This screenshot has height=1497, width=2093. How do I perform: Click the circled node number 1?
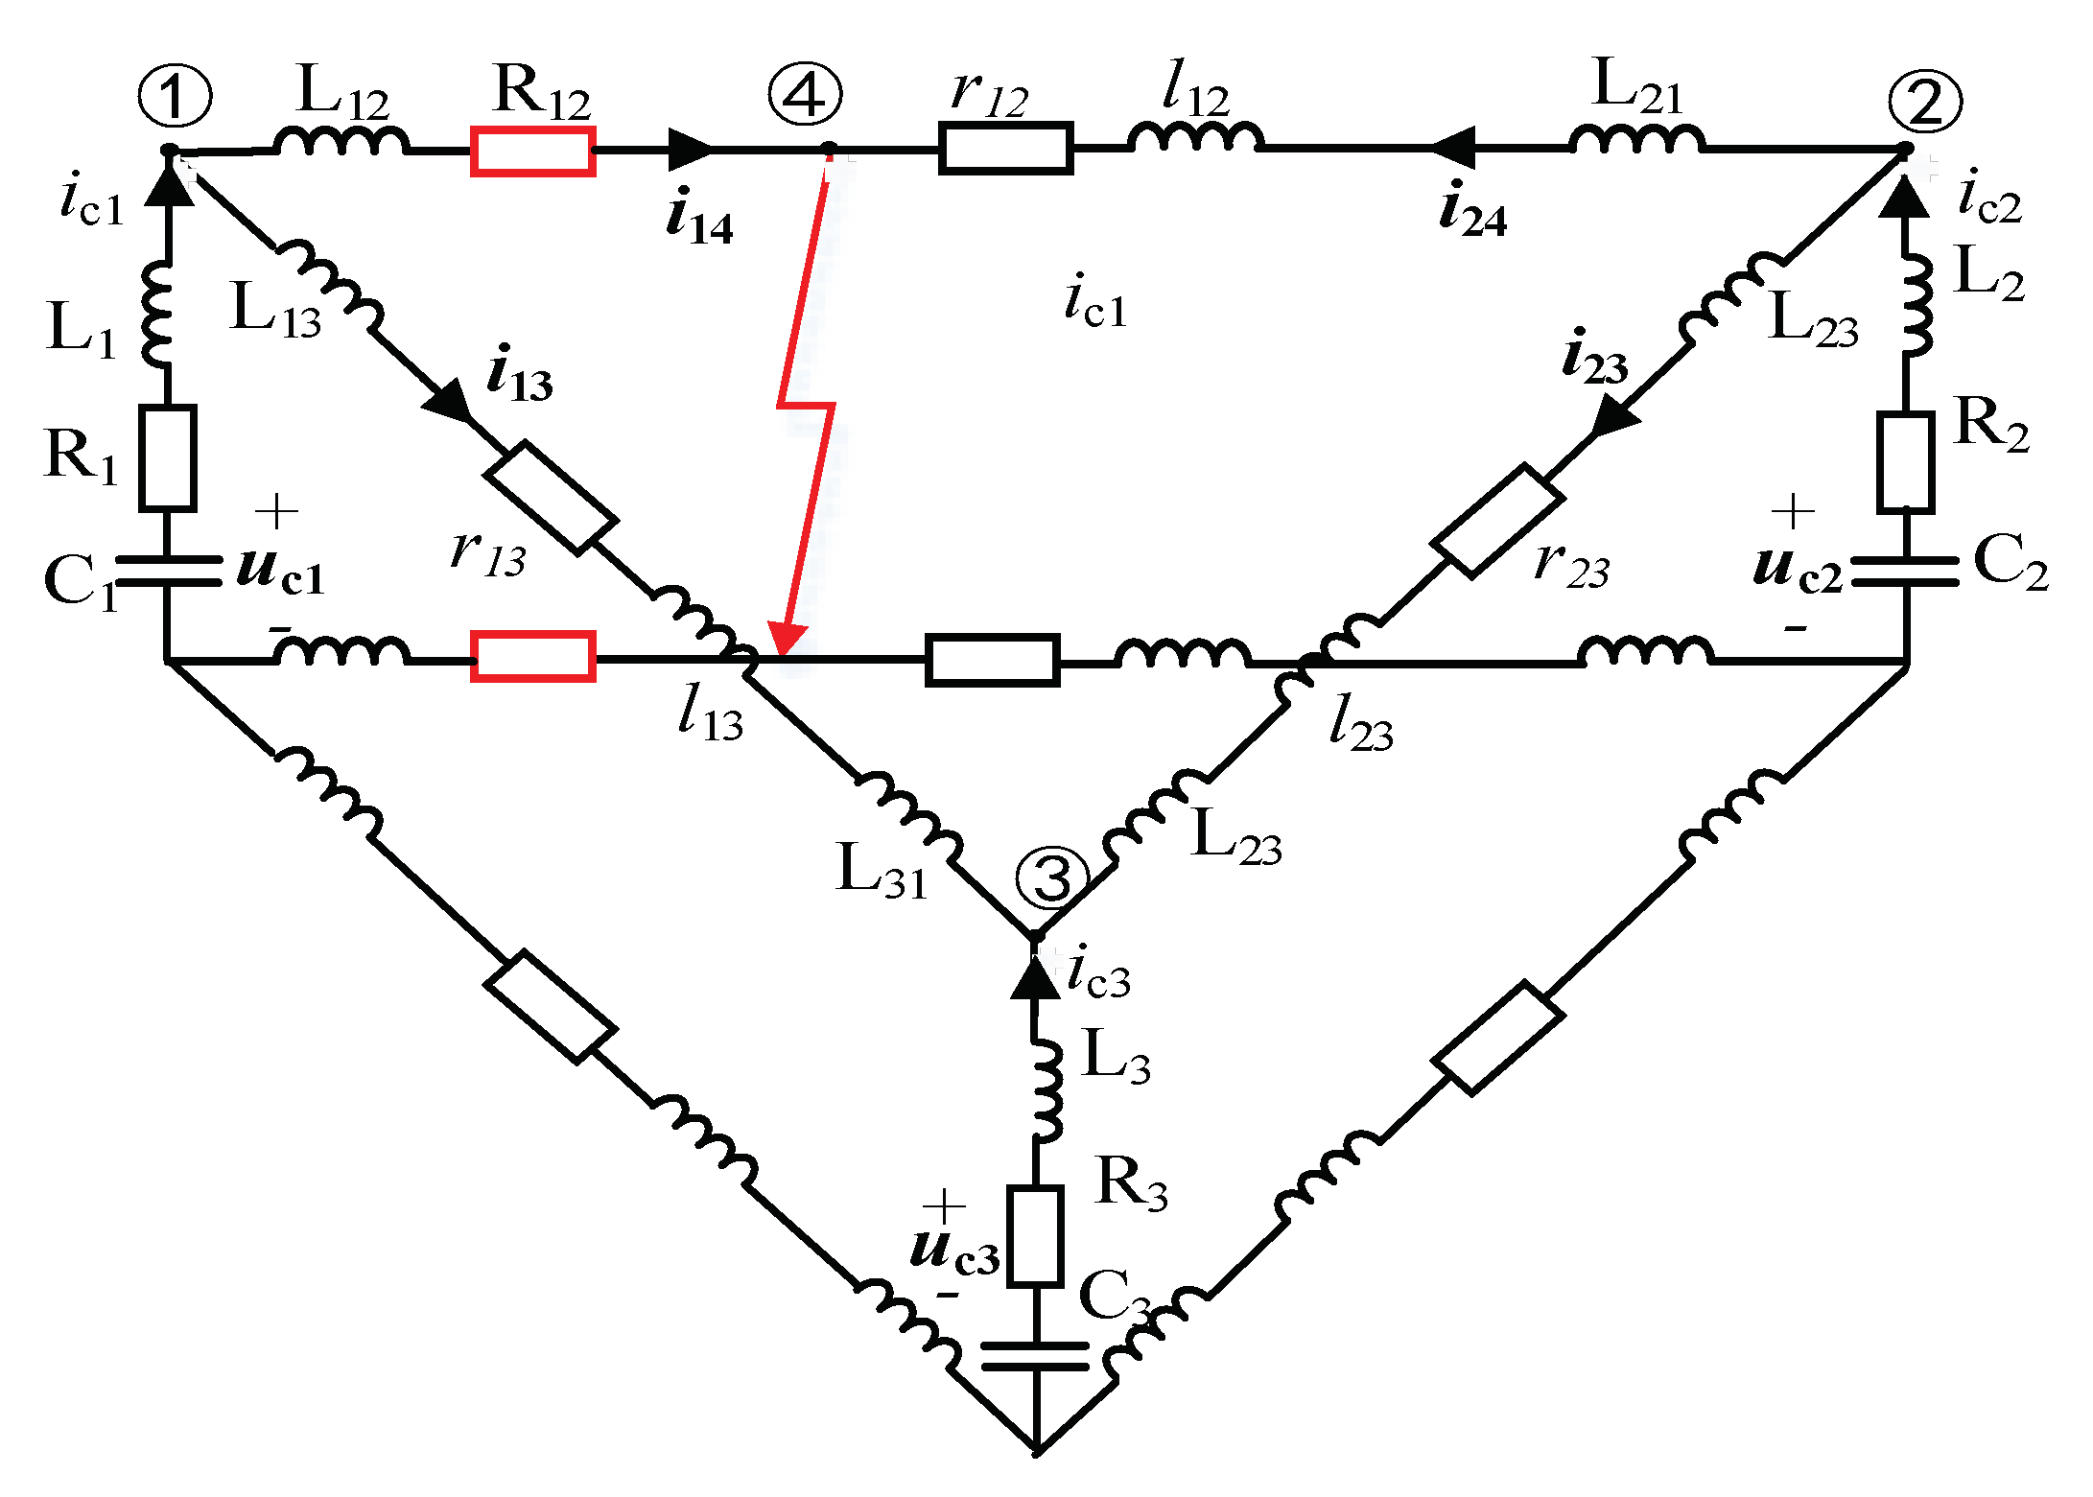[175, 96]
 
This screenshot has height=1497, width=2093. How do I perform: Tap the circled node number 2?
[1924, 102]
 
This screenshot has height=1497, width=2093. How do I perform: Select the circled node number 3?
[1052, 877]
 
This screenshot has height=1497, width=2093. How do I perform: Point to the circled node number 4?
[805, 95]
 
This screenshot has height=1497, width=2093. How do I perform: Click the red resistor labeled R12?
[533, 152]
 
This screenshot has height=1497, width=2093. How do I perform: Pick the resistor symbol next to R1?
[169, 457]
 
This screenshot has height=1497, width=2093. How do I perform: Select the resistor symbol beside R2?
[1905, 462]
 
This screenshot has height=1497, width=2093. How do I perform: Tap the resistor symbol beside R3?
[1036, 1235]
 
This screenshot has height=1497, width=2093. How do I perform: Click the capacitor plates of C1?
[169, 571]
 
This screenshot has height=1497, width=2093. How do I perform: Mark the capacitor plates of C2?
[1905, 572]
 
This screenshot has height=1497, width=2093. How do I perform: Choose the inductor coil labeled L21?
[1637, 140]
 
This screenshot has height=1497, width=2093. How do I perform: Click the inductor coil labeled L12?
[341, 142]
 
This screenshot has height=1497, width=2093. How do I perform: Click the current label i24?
[1473, 210]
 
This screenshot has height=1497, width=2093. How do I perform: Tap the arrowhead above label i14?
[691, 150]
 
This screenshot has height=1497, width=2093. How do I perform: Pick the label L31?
[882, 871]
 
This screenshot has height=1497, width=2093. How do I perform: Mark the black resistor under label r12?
[1005, 149]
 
